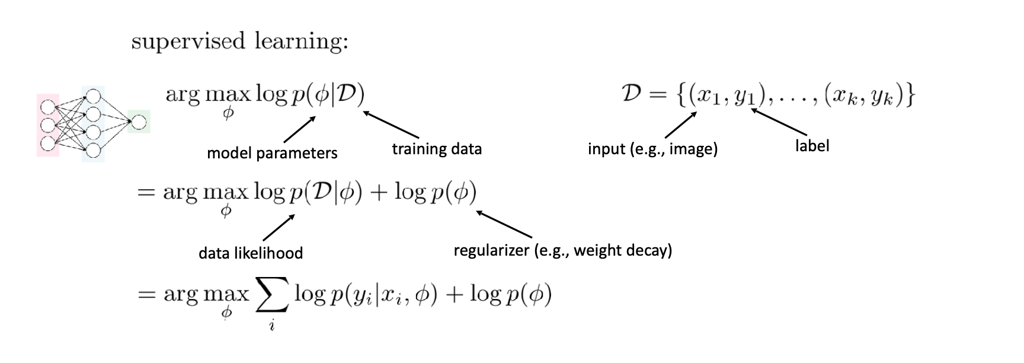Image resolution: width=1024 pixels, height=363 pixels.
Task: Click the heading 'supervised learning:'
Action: coord(239,42)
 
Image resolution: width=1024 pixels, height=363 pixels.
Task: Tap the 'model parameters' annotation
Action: coord(272,153)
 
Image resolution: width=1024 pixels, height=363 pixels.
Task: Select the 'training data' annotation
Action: coord(437,148)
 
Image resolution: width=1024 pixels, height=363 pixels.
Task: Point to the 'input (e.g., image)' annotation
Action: coord(652,148)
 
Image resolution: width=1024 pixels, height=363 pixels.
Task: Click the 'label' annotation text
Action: coord(812,145)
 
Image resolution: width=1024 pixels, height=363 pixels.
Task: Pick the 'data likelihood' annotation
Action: coord(251,253)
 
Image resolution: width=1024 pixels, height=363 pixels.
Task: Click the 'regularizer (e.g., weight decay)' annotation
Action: coord(563,250)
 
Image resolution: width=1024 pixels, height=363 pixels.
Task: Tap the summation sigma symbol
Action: coord(272,295)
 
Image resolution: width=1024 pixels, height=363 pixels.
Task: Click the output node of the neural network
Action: coord(139,122)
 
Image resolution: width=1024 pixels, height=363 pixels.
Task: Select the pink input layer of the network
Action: coord(47,125)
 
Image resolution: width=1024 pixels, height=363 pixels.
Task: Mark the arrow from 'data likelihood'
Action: coord(279,227)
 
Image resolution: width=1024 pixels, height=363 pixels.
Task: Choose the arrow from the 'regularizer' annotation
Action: coord(504,224)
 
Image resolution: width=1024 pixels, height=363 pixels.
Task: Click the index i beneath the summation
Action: coord(272,325)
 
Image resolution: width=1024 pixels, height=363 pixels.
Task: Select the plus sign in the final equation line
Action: coord(453,295)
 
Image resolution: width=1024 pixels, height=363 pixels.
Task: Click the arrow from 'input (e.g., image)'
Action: coord(680,125)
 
